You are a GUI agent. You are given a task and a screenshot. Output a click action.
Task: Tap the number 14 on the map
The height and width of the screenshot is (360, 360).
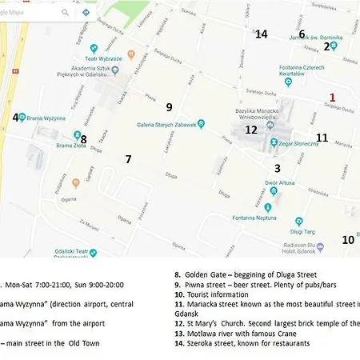tap(261, 34)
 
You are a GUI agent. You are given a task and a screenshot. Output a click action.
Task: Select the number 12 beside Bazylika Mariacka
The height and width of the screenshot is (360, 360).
tap(251, 130)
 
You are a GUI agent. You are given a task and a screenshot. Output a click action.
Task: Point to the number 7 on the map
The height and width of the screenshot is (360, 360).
tap(128, 159)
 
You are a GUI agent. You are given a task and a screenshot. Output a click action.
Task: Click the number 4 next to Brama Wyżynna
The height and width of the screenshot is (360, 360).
tap(15, 118)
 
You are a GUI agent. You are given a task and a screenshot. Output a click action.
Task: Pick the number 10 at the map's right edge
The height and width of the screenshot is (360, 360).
tap(348, 239)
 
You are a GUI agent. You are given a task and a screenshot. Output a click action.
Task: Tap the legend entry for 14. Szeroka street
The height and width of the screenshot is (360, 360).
tap(242, 343)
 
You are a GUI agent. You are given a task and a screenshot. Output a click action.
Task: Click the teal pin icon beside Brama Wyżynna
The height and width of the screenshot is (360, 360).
tap(22, 118)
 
